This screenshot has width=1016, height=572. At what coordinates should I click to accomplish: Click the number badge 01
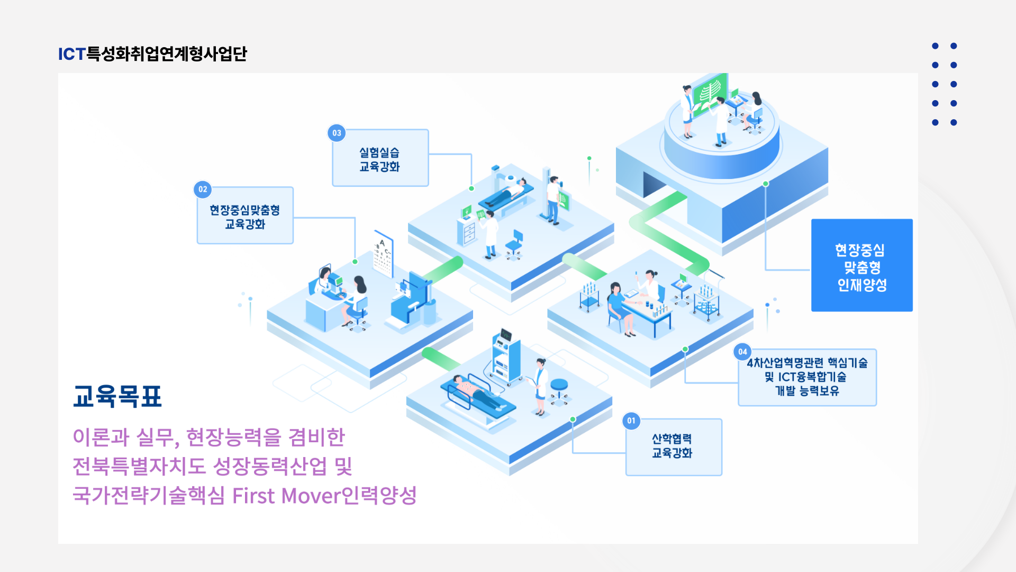[631, 421]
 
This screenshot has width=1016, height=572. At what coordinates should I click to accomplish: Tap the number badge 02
[203, 189]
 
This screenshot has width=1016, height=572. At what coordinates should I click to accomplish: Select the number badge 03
[337, 133]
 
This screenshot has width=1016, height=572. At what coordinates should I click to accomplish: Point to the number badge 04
[742, 352]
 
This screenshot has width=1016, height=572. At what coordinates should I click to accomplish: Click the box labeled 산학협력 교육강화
[674, 447]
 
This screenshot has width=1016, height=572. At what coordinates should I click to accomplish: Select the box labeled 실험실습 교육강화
[380, 158]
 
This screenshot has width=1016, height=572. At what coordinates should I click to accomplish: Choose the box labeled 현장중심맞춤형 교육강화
[245, 215]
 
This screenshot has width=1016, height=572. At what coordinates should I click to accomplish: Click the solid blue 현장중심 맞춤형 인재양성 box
[861, 265]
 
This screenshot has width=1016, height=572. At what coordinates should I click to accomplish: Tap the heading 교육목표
[117, 396]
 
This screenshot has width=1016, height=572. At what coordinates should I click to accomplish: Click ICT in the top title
[72, 54]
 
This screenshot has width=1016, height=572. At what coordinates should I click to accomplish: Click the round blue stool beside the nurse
[559, 391]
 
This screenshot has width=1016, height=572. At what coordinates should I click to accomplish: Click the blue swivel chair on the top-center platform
[515, 245]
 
